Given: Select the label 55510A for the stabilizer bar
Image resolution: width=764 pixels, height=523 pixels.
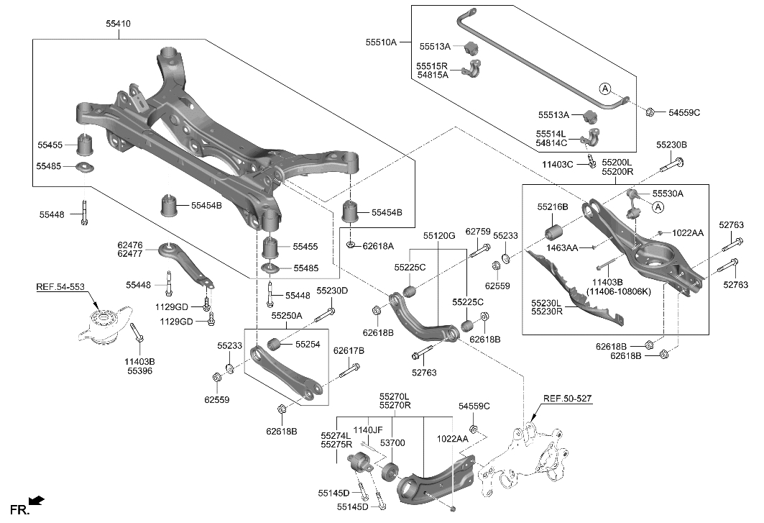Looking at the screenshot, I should [x=382, y=42].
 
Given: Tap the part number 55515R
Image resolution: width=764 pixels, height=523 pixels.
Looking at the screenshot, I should [x=432, y=65].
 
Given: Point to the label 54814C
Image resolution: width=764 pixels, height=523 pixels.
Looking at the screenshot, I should [x=552, y=142].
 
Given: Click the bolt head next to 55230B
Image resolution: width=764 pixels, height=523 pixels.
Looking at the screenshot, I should [x=678, y=162].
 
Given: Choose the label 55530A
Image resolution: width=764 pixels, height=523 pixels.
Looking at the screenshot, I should [x=668, y=194].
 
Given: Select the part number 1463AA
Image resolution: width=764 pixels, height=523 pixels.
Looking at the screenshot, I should [x=561, y=247].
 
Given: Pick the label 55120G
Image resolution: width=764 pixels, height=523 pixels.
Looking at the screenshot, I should [x=439, y=235].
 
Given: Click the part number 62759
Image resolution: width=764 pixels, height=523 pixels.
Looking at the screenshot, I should [x=477, y=232].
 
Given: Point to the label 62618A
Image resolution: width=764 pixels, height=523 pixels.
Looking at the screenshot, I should [x=378, y=246].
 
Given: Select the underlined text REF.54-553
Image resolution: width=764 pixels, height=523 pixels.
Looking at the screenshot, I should [x=60, y=287].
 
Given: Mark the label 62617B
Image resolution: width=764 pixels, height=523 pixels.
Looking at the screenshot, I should [x=349, y=350].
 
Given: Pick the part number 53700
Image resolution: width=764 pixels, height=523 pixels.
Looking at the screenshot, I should [x=392, y=443].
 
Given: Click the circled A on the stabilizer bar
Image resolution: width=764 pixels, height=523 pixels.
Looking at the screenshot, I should [x=605, y=88].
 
